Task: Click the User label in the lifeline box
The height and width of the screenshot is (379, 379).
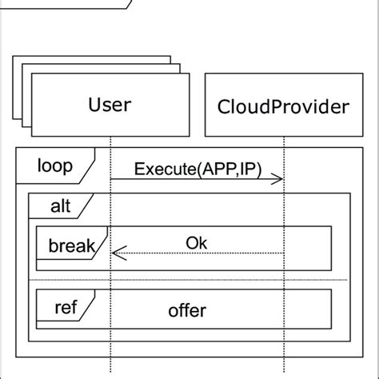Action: click(x=110, y=105)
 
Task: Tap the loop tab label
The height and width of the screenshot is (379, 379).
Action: click(x=54, y=166)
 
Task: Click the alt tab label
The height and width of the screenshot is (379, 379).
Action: click(x=60, y=206)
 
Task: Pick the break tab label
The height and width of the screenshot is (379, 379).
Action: click(x=71, y=245)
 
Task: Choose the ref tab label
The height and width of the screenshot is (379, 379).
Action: click(x=66, y=307)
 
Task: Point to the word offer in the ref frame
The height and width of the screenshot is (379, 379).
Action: click(x=188, y=310)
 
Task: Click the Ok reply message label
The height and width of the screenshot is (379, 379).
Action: click(x=197, y=241)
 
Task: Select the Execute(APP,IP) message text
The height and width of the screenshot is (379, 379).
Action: click(x=197, y=169)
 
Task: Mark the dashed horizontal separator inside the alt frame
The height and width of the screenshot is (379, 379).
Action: click(x=188, y=280)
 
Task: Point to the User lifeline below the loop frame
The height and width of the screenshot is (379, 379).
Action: click(x=111, y=368)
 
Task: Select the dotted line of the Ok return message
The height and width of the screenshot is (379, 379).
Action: click(x=200, y=254)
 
